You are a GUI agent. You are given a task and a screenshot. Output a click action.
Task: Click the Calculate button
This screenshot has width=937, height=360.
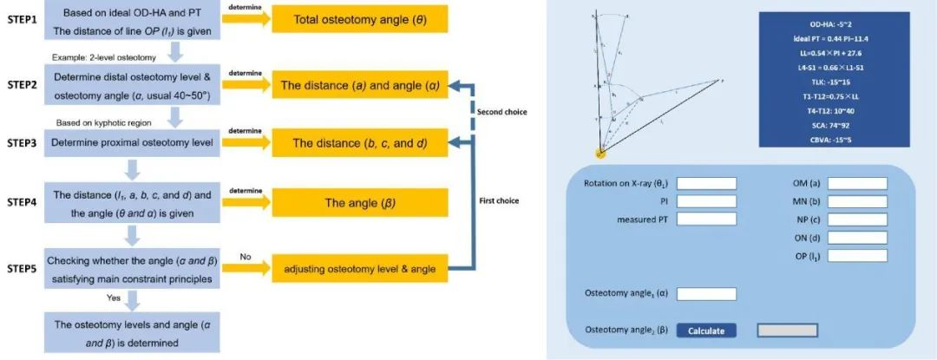point(706,331)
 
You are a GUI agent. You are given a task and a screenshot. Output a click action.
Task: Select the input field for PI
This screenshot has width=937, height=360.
point(706,200)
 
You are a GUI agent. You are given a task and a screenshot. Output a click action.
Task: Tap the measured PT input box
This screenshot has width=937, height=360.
point(706,218)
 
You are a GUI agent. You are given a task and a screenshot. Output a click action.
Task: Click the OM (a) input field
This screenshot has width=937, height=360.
point(857,183)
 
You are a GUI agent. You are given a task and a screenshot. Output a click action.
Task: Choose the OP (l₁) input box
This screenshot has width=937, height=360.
point(857,256)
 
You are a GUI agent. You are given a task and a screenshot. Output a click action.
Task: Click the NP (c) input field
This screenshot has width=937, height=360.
point(857,219)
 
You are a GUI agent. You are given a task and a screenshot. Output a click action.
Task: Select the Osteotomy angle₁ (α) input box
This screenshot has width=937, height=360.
point(706,294)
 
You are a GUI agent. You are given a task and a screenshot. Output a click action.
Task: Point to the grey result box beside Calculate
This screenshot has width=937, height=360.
point(787,331)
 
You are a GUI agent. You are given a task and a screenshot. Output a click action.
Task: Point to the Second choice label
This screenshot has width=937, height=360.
point(501,112)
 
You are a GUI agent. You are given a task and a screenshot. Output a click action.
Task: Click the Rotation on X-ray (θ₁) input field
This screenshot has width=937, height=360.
point(706,183)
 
